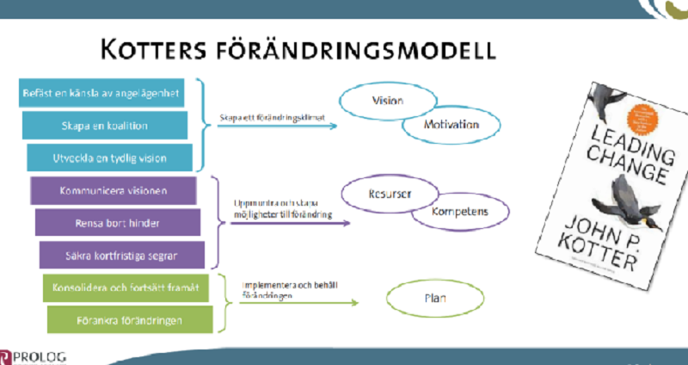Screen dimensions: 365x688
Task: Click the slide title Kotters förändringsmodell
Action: click(x=298, y=49)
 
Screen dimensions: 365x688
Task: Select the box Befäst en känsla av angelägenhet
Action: click(x=102, y=94)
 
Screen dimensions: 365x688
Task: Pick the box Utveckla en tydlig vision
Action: click(x=109, y=158)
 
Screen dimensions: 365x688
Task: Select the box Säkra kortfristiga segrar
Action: click(x=121, y=255)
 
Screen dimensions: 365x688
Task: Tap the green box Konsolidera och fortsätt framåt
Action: click(x=125, y=288)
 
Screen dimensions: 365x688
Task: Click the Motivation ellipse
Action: click(x=451, y=126)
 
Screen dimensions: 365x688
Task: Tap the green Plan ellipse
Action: click(x=430, y=300)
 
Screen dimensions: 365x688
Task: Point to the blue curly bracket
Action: click(x=203, y=125)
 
